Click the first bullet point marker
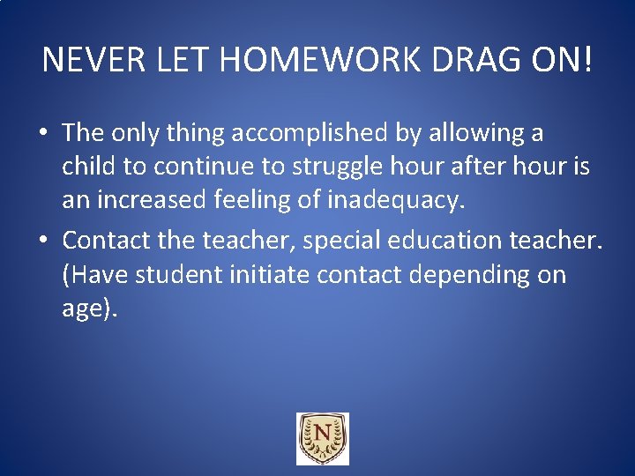click(x=42, y=134)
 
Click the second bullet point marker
click(x=42, y=240)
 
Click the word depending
click(x=454, y=275)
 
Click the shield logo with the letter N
click(x=322, y=438)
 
